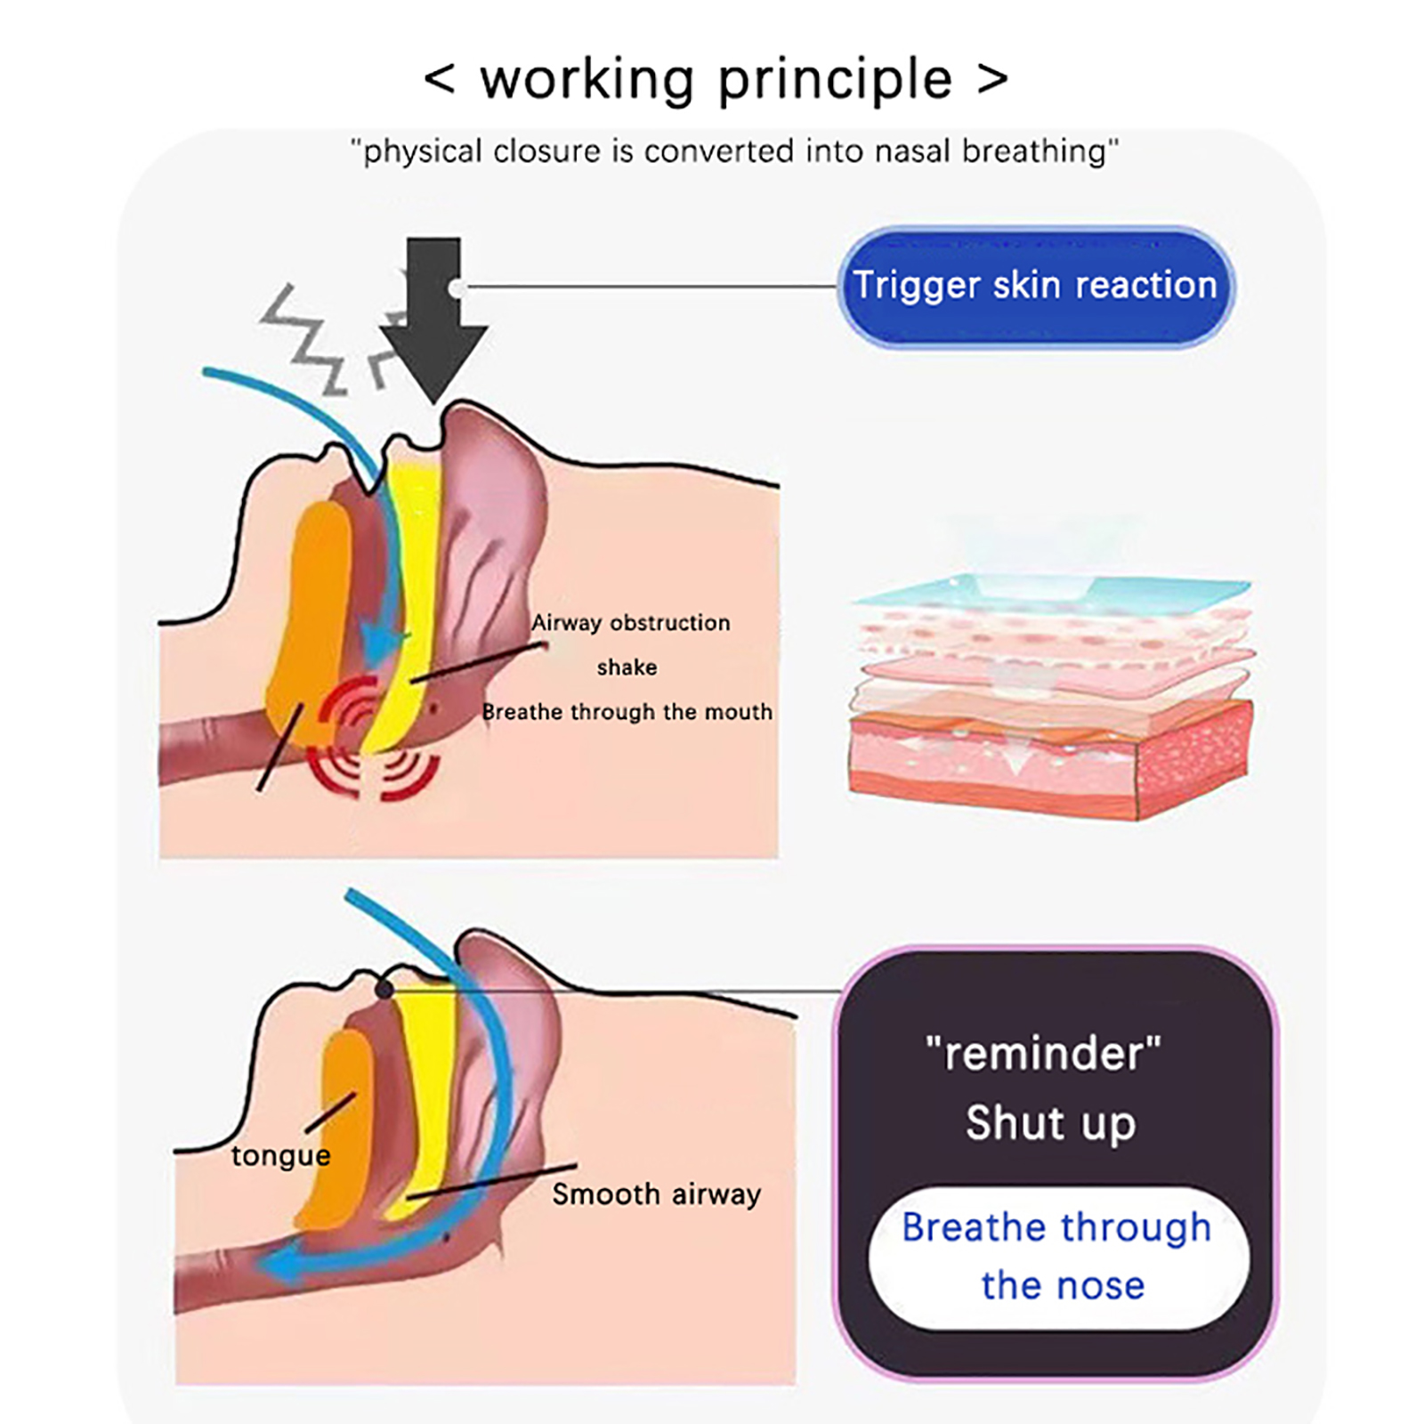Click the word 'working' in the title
pyautogui.click(x=587, y=80)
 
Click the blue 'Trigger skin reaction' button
pyautogui.click(x=1035, y=286)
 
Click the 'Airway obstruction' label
pyautogui.click(x=630, y=622)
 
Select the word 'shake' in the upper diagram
pyautogui.click(x=627, y=667)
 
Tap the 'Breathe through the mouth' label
pyautogui.click(x=627, y=712)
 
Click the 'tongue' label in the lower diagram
pyautogui.click(x=280, y=1155)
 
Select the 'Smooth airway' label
pyautogui.click(x=656, y=1193)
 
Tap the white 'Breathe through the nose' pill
pyautogui.click(x=1058, y=1256)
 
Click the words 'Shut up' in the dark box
pyautogui.click(x=1050, y=1123)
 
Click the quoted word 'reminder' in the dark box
pyautogui.click(x=1043, y=1054)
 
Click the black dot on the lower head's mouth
pyautogui.click(x=384, y=989)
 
